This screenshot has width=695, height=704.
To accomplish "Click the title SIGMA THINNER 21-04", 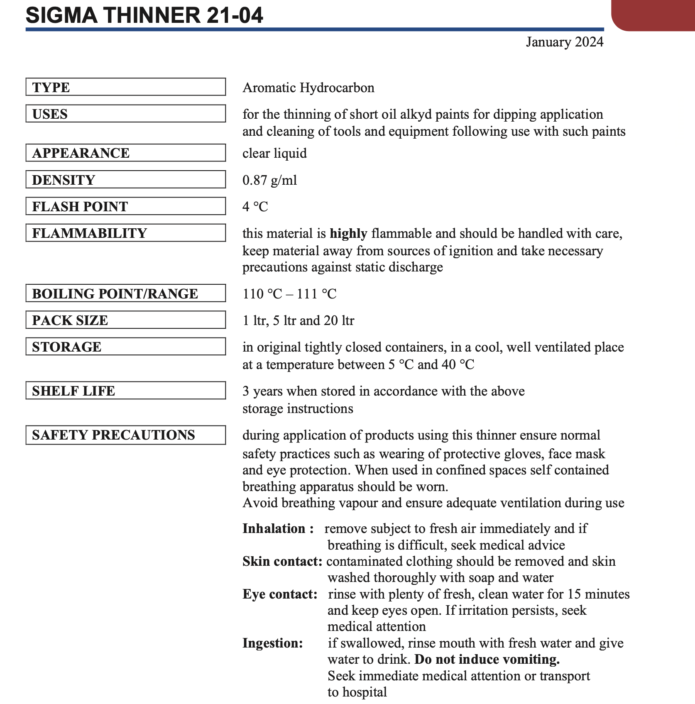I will (x=144, y=15).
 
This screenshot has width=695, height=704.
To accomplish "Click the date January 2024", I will (x=564, y=42).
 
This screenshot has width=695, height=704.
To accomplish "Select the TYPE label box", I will (x=125, y=87).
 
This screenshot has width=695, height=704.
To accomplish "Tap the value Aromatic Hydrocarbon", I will (x=308, y=88).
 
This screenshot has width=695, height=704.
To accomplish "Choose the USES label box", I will (x=125, y=114).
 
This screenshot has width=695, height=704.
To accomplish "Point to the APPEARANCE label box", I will (x=125, y=153).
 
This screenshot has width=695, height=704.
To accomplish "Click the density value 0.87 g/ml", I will (x=269, y=180).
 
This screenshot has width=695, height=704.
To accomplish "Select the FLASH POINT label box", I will (x=125, y=206).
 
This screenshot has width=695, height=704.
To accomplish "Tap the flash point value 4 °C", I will (x=255, y=207).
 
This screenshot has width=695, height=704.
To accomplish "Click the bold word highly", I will (x=348, y=234).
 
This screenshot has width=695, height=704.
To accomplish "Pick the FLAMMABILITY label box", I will (x=125, y=233).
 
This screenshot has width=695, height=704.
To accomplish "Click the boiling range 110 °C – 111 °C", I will (x=289, y=294).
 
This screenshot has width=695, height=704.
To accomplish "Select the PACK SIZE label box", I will (x=125, y=320).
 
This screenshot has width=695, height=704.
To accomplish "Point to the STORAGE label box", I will (x=125, y=347).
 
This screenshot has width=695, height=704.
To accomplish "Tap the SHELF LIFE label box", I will (x=125, y=391).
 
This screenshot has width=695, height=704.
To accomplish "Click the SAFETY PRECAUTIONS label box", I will (x=125, y=435).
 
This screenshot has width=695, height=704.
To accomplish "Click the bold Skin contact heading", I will (x=282, y=561).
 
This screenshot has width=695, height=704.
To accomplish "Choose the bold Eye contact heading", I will (x=280, y=594).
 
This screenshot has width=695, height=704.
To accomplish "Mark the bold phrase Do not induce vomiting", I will (x=487, y=660).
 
